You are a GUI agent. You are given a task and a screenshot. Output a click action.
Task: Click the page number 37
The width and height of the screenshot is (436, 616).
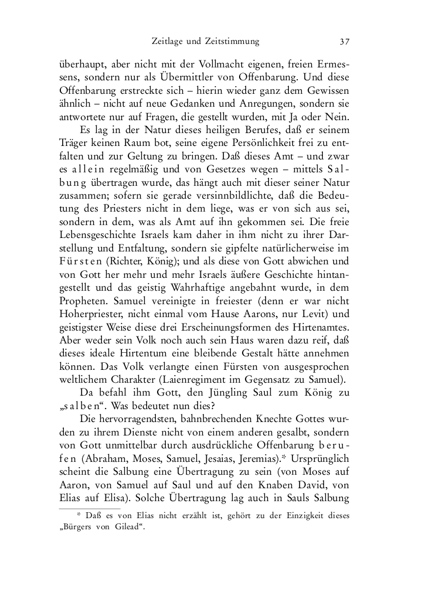tap(344, 42)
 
